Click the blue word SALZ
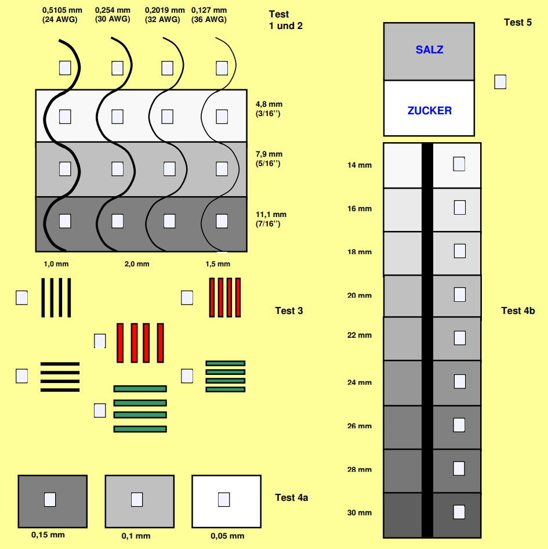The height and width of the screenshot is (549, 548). [429, 50]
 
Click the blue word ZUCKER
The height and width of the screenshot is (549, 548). [429, 111]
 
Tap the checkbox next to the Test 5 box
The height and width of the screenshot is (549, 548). [500, 82]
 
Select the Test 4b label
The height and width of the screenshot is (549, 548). [518, 311]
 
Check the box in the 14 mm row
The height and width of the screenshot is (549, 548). [459, 164]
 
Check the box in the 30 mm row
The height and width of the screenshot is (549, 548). [459, 512]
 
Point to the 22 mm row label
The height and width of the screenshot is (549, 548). [360, 335]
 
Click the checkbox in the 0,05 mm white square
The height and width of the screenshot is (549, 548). [224, 499]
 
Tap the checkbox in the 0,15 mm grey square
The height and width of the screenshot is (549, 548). [50, 499]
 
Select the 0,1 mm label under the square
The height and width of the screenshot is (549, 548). [136, 536]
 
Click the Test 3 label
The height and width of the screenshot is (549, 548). [289, 311]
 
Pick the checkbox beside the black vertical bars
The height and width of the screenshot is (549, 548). [21, 298]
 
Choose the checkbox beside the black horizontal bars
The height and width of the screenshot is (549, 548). [21, 375]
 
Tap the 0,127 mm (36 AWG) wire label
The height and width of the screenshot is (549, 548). [209, 15]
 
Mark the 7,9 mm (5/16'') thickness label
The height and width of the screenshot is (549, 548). [268, 158]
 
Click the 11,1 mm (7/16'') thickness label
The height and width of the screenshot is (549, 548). [271, 219]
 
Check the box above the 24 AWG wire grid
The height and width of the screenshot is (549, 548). [65, 67]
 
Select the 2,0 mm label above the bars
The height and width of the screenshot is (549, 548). [137, 264]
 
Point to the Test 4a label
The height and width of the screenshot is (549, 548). [291, 497]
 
